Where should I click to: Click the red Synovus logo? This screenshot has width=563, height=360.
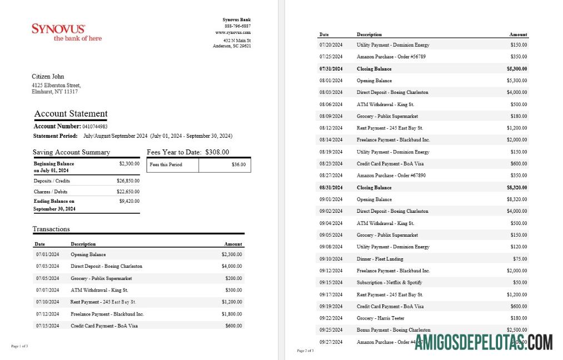pyautogui.click(x=66, y=32)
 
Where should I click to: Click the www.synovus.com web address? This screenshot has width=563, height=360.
pyautogui.click(x=233, y=33)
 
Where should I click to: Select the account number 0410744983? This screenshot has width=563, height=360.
pyautogui.click(x=95, y=127)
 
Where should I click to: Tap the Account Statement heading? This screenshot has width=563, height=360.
pyautogui.click(x=71, y=114)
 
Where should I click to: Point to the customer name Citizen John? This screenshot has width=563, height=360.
pyautogui.click(x=48, y=77)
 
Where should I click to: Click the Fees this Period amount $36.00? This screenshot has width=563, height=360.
pyautogui.click(x=238, y=164)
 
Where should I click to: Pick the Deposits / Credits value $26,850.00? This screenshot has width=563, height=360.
pyautogui.click(x=128, y=181)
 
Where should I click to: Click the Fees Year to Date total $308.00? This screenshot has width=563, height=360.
pyautogui.click(x=217, y=152)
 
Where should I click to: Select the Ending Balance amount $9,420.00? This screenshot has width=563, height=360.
pyautogui.click(x=129, y=201)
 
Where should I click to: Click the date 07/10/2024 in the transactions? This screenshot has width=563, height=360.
pyautogui.click(x=47, y=302)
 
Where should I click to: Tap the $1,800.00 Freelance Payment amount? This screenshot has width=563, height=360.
pyautogui.click(x=231, y=314)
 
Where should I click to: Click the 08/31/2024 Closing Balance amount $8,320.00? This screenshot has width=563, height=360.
pyautogui.click(x=516, y=188)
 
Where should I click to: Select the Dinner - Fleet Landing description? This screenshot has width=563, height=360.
pyautogui.click(x=380, y=259)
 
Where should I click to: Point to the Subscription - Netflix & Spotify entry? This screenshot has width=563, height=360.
pyautogui.click(x=389, y=283)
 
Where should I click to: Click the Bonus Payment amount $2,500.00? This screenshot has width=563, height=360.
pyautogui.click(x=516, y=330)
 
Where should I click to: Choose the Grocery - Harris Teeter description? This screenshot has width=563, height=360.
pyautogui.click(x=381, y=318)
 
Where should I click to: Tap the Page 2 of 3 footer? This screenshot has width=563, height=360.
pyautogui.click(x=305, y=351)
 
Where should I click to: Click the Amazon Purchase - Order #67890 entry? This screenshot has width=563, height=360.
pyautogui.click(x=391, y=176)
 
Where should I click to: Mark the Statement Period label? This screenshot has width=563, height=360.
pyautogui.click(x=56, y=136)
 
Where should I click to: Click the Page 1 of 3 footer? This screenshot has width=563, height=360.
pyautogui.click(x=19, y=346)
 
